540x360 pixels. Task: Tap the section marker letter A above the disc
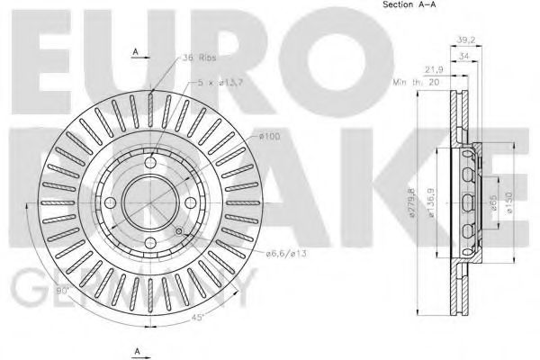[x=135, y=52]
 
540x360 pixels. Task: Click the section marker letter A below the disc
[x=135, y=348]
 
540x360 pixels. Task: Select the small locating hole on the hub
[x=178, y=232]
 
